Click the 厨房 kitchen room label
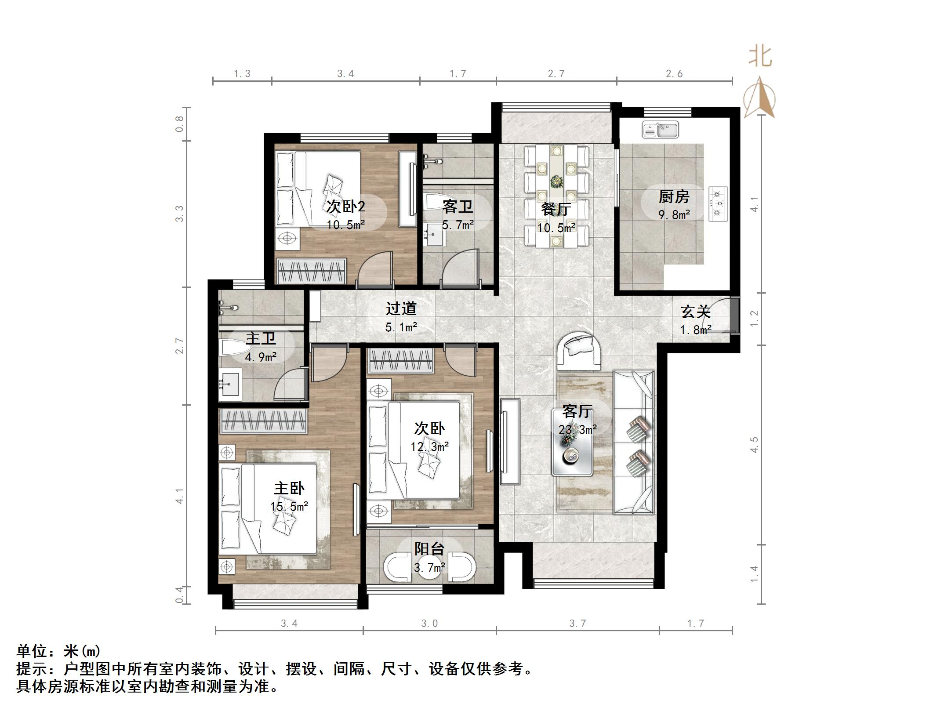(x=673, y=196)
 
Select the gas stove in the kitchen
(x=717, y=203)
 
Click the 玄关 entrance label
(x=695, y=312)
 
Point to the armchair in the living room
(x=579, y=352)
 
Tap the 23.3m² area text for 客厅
(x=577, y=429)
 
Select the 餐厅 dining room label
(x=556, y=209)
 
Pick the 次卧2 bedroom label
(x=345, y=206)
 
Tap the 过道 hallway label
(x=401, y=308)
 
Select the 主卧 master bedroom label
(x=289, y=488)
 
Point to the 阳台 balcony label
(x=429, y=548)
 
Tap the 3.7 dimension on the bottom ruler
(x=577, y=623)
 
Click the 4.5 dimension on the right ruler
(x=754, y=445)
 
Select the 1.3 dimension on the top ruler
(x=242, y=74)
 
